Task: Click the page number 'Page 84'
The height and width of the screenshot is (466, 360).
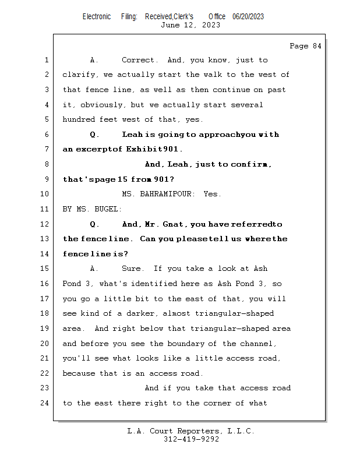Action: point(305,46)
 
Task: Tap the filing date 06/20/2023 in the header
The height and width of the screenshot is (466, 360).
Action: point(248,17)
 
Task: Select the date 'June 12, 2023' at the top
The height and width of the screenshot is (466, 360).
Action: point(190,25)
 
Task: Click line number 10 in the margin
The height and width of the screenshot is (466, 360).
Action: point(44,194)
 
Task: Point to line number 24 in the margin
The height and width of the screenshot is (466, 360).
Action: point(44,403)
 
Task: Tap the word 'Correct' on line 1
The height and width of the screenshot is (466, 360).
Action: point(137,60)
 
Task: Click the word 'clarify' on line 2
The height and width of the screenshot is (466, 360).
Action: point(79,75)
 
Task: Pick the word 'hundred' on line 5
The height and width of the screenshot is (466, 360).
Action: point(79,119)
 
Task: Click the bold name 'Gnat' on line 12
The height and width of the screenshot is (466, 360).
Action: point(172,224)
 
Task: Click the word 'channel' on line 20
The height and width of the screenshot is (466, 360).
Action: point(256,344)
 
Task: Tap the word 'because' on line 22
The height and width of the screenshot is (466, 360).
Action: point(79,373)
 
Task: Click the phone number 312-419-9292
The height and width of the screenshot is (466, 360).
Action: point(192,439)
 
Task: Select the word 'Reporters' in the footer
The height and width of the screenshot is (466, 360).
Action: point(198,431)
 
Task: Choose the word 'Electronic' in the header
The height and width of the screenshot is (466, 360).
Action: point(97,17)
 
